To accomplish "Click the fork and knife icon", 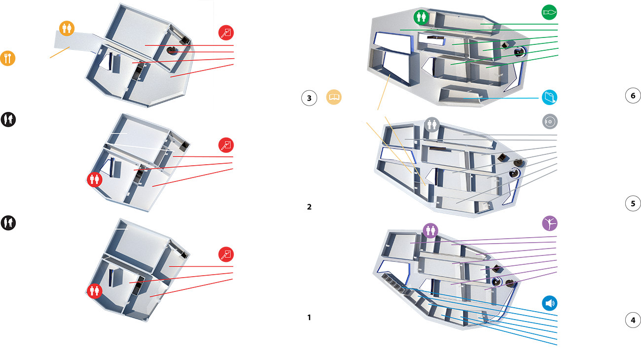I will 7,58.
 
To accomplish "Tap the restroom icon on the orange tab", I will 67,29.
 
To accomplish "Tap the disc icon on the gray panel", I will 550,121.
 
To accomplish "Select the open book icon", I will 335,98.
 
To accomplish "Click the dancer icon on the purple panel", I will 550,224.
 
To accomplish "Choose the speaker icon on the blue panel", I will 550,303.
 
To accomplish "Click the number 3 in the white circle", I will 309,98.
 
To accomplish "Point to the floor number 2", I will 309,207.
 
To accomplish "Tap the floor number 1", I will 309,318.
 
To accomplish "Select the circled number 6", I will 633,96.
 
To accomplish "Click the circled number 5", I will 633,203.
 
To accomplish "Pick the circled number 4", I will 633,320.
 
